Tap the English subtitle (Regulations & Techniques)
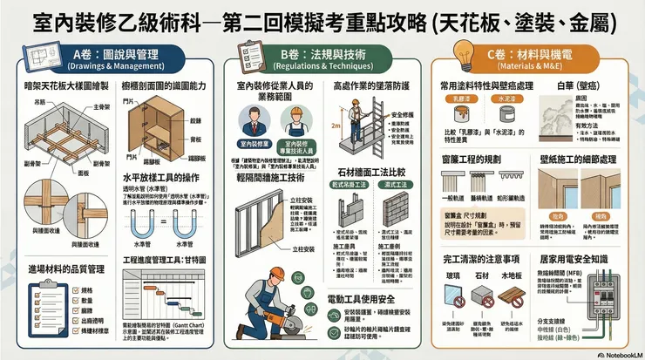320,65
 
